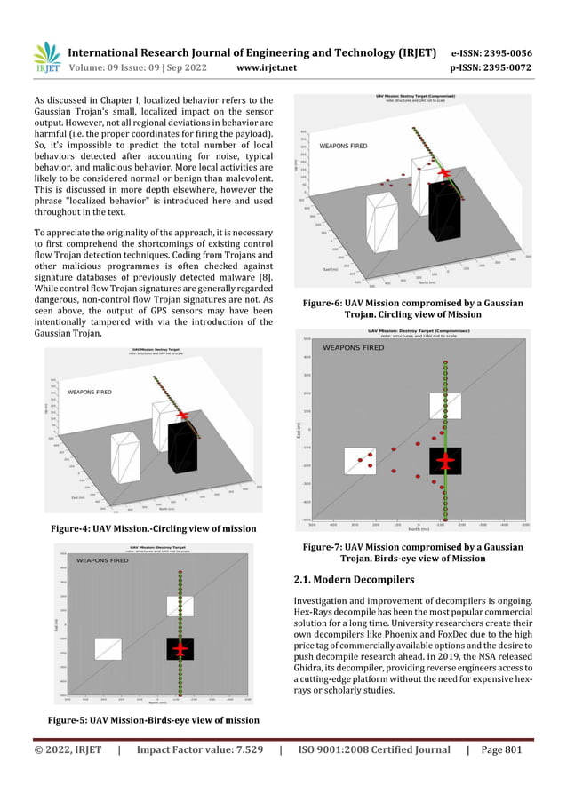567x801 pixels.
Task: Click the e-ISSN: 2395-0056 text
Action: coord(491,52)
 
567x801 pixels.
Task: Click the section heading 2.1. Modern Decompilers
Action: coord(353,580)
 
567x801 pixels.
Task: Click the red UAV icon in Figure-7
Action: coord(445,462)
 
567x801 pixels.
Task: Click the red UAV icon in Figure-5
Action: coord(180,649)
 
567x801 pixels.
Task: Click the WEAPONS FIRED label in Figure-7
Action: coord(353,348)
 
